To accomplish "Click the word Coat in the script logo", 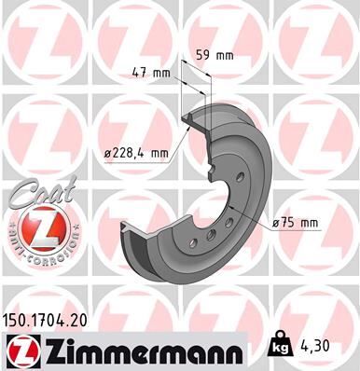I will click(x=38, y=196).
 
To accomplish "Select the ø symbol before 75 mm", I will click(x=275, y=222).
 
